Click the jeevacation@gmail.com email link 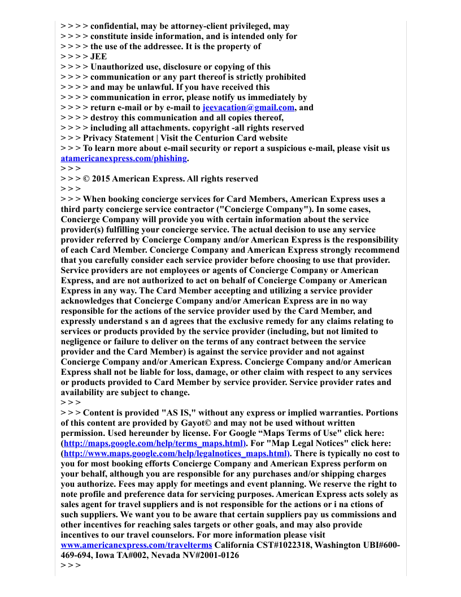pos(249,107)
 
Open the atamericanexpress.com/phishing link pos(123,158)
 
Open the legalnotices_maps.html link pos(175,453)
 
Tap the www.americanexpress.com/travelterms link pos(136,545)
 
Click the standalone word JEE pos(98,57)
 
